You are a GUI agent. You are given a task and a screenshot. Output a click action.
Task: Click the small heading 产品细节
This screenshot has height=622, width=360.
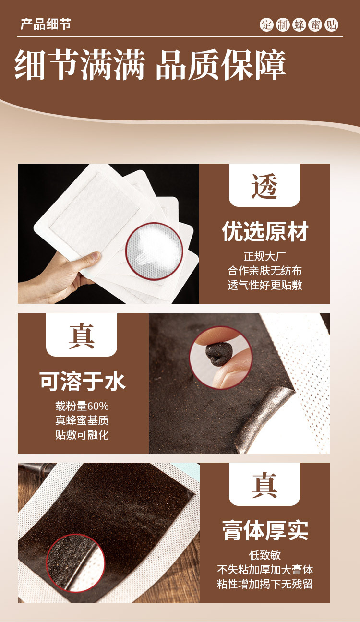[46, 24]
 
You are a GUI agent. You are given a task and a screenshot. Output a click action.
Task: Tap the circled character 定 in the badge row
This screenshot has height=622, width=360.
[266, 25]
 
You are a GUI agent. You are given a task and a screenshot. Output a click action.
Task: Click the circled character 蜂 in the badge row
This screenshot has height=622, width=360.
[299, 25]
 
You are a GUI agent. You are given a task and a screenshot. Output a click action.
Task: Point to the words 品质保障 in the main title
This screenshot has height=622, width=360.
[221, 65]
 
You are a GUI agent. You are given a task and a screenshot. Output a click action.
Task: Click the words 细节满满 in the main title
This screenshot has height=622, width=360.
[80, 65]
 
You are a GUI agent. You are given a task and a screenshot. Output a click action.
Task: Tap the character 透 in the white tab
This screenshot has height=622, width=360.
[264, 186]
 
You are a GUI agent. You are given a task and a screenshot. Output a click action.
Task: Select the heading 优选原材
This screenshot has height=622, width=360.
[264, 232]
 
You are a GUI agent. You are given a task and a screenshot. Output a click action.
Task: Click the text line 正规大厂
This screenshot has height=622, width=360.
[264, 256]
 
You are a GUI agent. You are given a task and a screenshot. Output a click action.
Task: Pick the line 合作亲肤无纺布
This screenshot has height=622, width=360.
[264, 271]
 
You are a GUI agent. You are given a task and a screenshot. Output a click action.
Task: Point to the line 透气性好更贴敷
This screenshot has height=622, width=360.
[264, 285]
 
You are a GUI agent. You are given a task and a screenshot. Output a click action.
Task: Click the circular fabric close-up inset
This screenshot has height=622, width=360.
[154, 251]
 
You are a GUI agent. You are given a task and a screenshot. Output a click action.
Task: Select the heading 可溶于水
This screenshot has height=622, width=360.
[82, 382]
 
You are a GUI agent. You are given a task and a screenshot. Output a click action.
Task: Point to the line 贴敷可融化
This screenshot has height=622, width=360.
[82, 435]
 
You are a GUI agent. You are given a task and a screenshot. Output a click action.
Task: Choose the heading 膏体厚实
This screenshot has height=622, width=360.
[265, 530]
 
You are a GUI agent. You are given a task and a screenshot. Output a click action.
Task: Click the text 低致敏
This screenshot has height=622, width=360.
[265, 555]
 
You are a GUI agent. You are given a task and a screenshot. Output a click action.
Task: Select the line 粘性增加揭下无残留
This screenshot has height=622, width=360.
[265, 584]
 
